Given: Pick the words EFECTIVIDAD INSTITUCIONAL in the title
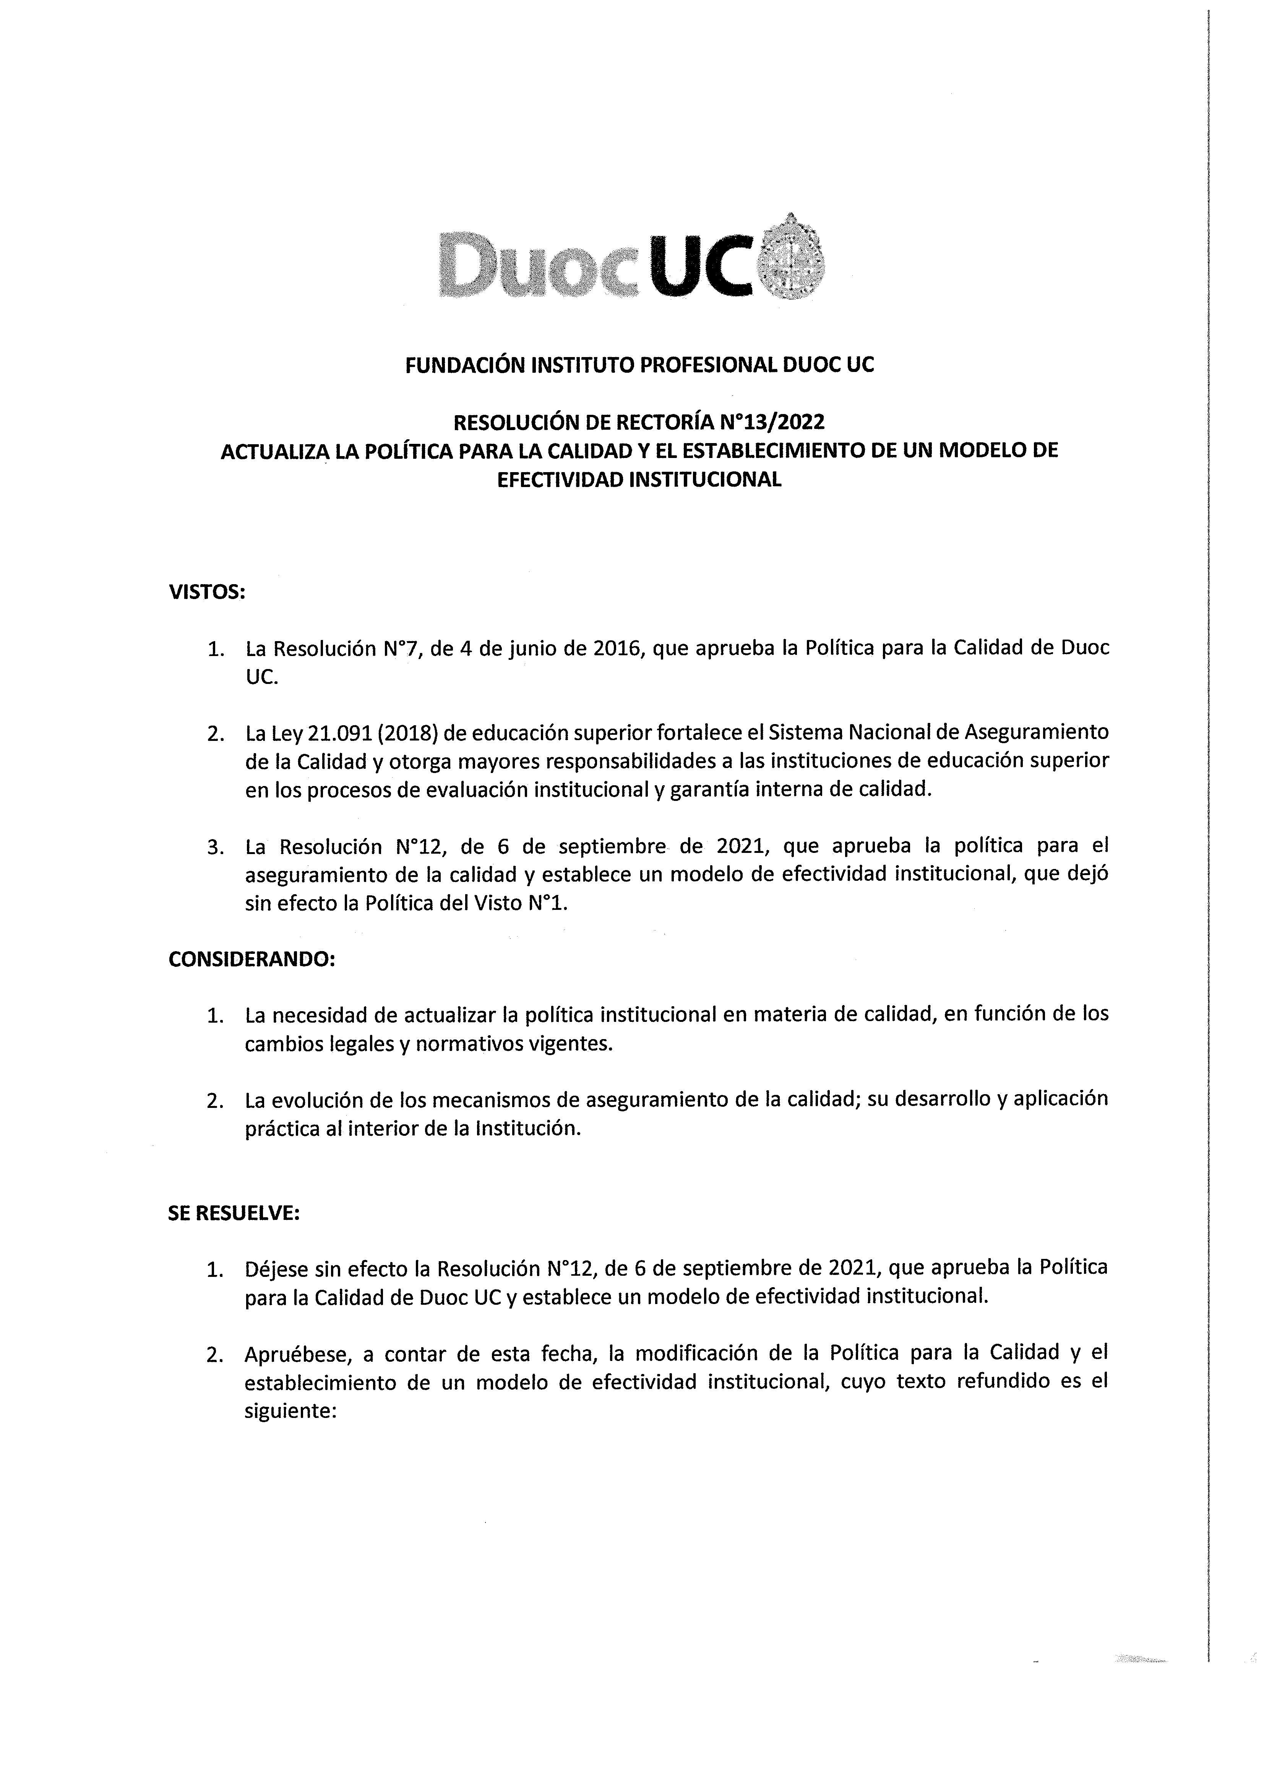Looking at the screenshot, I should pos(639,480).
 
